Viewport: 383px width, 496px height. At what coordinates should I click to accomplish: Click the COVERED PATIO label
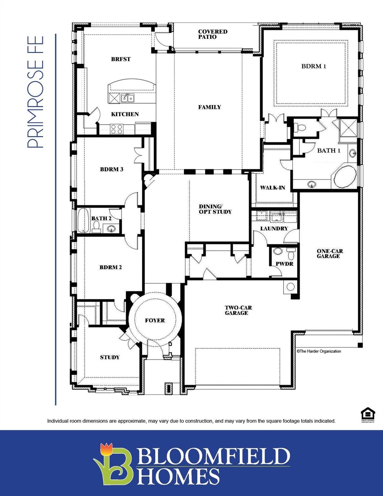[212, 34]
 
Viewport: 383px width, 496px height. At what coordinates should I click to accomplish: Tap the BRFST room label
[121, 59]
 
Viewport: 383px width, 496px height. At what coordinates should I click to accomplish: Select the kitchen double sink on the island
[128, 98]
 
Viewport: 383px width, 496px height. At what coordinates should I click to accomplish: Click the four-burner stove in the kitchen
[117, 129]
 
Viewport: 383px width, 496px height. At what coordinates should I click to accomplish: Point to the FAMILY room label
[210, 107]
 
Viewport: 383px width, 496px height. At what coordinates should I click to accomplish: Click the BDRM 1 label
[314, 66]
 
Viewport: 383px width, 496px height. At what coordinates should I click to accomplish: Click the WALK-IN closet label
[273, 188]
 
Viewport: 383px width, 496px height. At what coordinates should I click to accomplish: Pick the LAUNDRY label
[274, 229]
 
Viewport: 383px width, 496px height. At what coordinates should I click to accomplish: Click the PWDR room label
[284, 264]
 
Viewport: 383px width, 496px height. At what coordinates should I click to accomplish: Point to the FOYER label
[155, 320]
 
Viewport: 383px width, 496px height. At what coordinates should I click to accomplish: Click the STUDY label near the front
[109, 357]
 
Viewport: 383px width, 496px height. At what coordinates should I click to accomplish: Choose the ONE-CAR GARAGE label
[330, 253]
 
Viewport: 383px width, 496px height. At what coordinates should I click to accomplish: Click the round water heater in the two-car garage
[291, 287]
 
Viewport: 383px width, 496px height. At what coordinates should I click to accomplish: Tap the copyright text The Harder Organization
[319, 351]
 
